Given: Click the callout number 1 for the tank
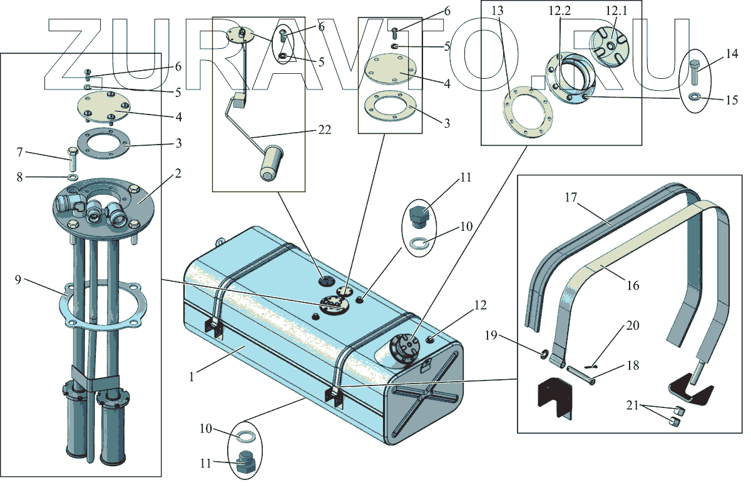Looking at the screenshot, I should click(194, 377).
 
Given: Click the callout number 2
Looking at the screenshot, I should click(178, 173).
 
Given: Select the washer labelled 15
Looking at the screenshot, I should click(695, 97).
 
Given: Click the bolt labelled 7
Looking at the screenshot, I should click(71, 160).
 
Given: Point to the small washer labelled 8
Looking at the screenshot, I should click(72, 178).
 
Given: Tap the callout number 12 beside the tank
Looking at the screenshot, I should click(480, 305).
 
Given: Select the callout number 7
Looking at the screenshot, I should click(19, 152).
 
